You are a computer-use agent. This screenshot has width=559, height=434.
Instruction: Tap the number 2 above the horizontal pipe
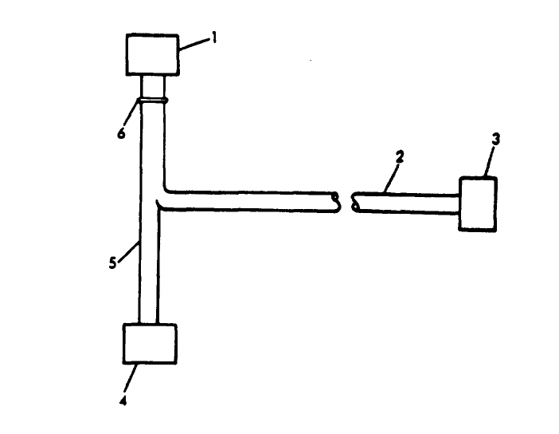[x=400, y=157]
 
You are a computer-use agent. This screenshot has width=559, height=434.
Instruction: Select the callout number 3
[x=495, y=139]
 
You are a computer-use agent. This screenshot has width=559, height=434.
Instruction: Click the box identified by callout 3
[x=478, y=204]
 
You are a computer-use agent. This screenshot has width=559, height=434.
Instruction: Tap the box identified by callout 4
[x=150, y=345]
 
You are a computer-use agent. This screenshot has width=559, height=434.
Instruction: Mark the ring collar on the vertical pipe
[x=153, y=100]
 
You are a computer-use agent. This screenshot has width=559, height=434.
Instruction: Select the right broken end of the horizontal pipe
[x=354, y=203]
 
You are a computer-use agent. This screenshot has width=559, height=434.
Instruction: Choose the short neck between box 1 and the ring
[x=153, y=85]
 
